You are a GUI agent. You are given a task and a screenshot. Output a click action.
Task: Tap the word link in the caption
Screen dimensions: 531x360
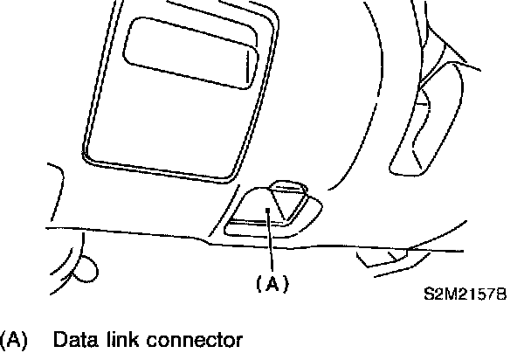coord(117,339)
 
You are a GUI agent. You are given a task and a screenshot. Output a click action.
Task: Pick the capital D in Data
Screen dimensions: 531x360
coord(59,339)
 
